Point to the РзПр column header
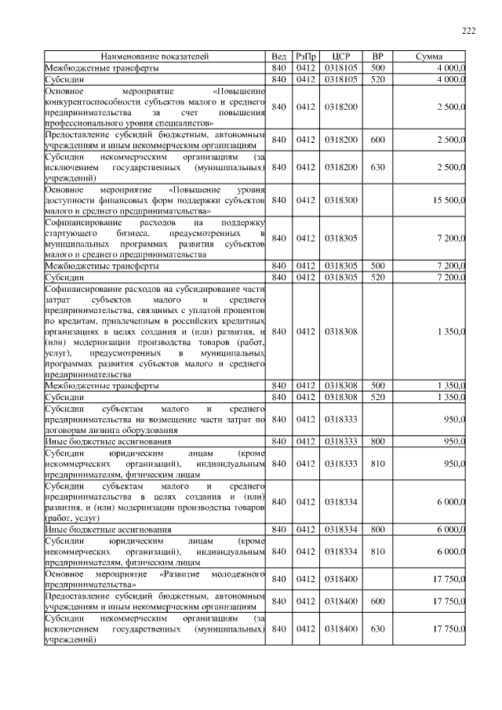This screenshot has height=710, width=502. click(305, 57)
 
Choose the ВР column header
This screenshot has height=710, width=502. click(377, 57)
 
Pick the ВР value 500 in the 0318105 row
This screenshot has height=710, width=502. click(377, 68)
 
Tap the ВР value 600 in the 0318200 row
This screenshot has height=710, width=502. click(377, 139)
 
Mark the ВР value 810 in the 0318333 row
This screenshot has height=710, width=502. click(377, 464)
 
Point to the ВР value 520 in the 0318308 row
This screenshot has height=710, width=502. click(377, 397)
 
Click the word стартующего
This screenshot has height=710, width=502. click(71, 234)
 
